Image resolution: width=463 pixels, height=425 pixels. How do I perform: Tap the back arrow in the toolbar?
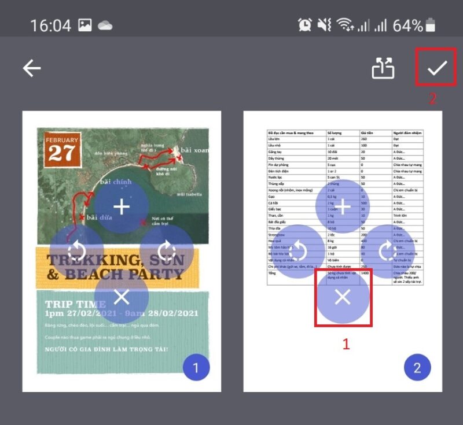(32, 68)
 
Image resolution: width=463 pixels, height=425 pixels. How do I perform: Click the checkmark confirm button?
(437, 68)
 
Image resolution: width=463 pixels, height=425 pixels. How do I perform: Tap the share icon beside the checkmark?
(383, 68)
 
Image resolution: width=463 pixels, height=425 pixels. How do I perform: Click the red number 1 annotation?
(346, 344)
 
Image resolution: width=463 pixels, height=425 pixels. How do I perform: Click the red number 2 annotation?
(432, 98)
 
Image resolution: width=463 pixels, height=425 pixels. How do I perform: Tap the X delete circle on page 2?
(343, 297)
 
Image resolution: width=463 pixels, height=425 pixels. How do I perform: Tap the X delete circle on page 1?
(122, 297)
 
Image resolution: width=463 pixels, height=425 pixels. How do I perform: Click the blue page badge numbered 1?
(196, 367)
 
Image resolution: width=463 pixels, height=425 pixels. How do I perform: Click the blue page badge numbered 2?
(418, 367)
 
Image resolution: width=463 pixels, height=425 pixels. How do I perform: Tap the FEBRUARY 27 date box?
(62, 149)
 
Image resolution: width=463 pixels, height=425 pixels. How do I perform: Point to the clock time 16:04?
(50, 25)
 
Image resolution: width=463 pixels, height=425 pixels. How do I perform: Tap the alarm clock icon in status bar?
(304, 25)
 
